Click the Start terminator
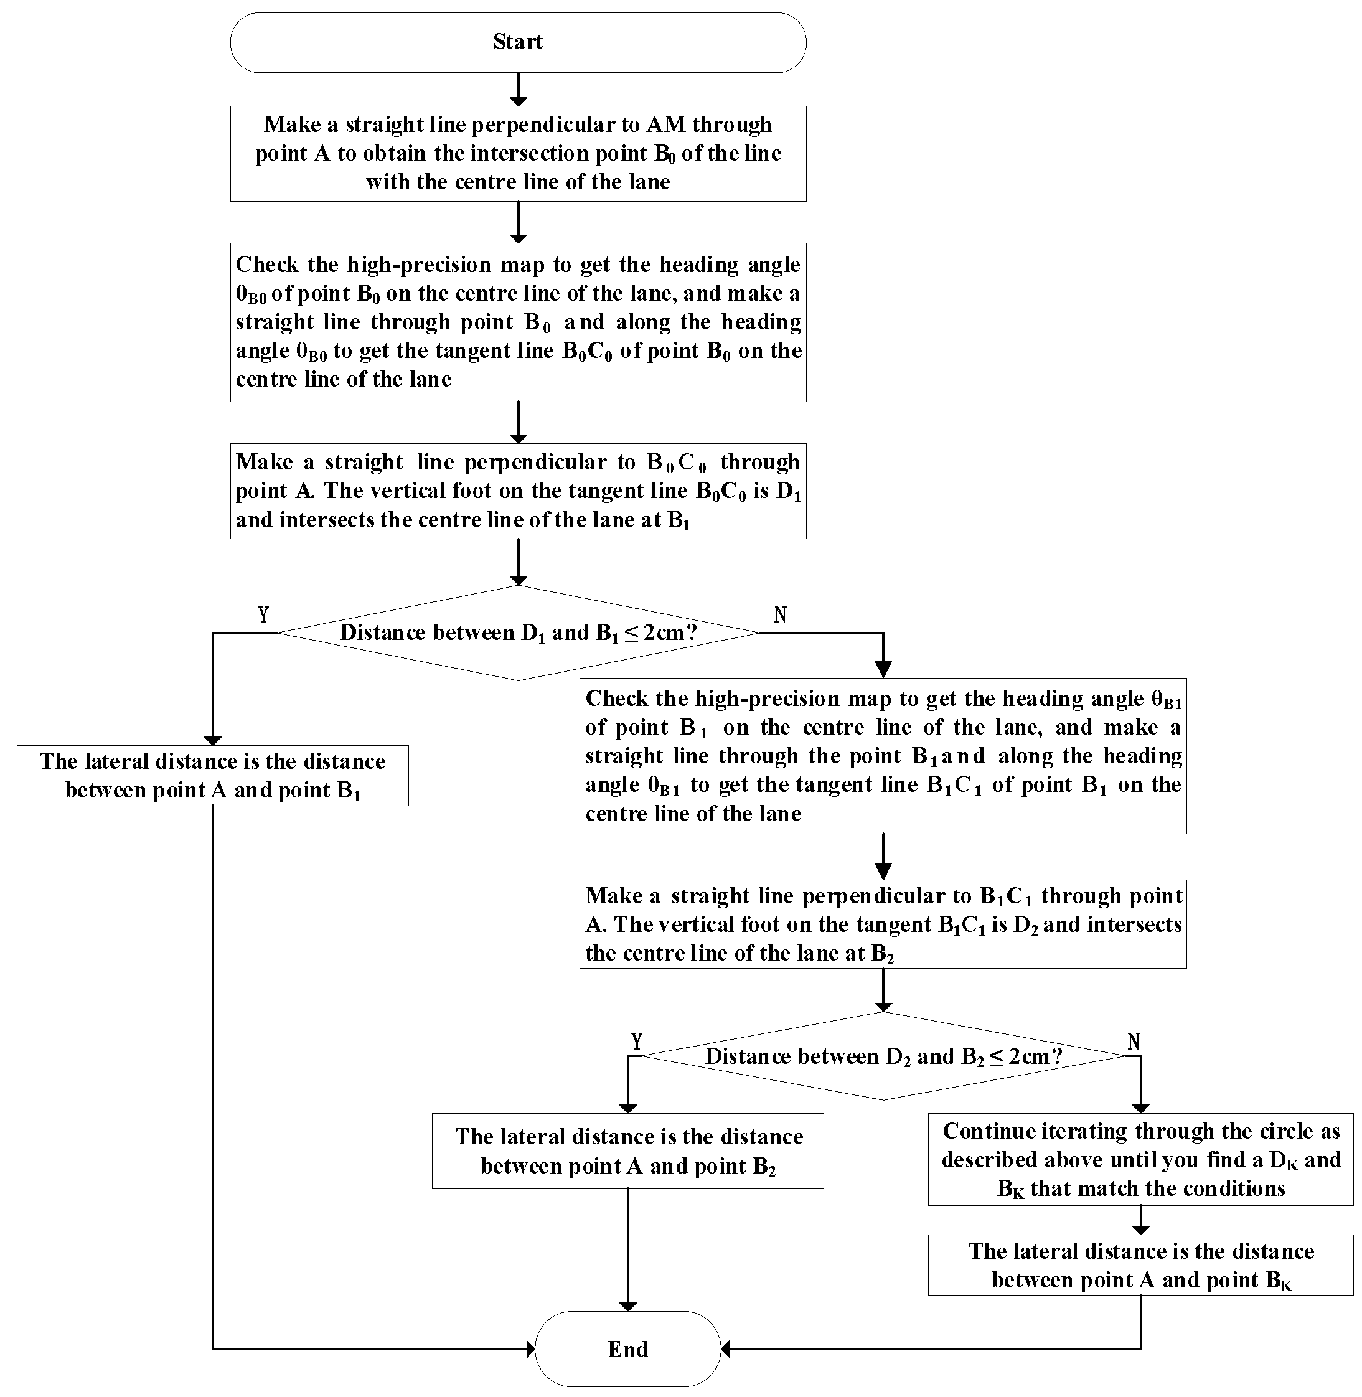(x=518, y=42)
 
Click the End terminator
(x=627, y=1348)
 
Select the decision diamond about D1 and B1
(x=518, y=633)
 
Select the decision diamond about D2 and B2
(x=883, y=1056)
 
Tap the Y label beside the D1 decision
(x=263, y=614)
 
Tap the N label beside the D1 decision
(x=781, y=614)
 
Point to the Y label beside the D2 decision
(x=637, y=1041)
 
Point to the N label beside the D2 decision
(x=1134, y=1042)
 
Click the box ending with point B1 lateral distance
(x=212, y=776)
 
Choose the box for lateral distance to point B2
(x=627, y=1151)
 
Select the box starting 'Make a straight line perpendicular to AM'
(x=518, y=153)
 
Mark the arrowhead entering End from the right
(x=726, y=1349)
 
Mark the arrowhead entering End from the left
(x=530, y=1349)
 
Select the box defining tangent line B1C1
(x=883, y=755)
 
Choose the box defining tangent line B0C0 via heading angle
(x=518, y=322)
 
